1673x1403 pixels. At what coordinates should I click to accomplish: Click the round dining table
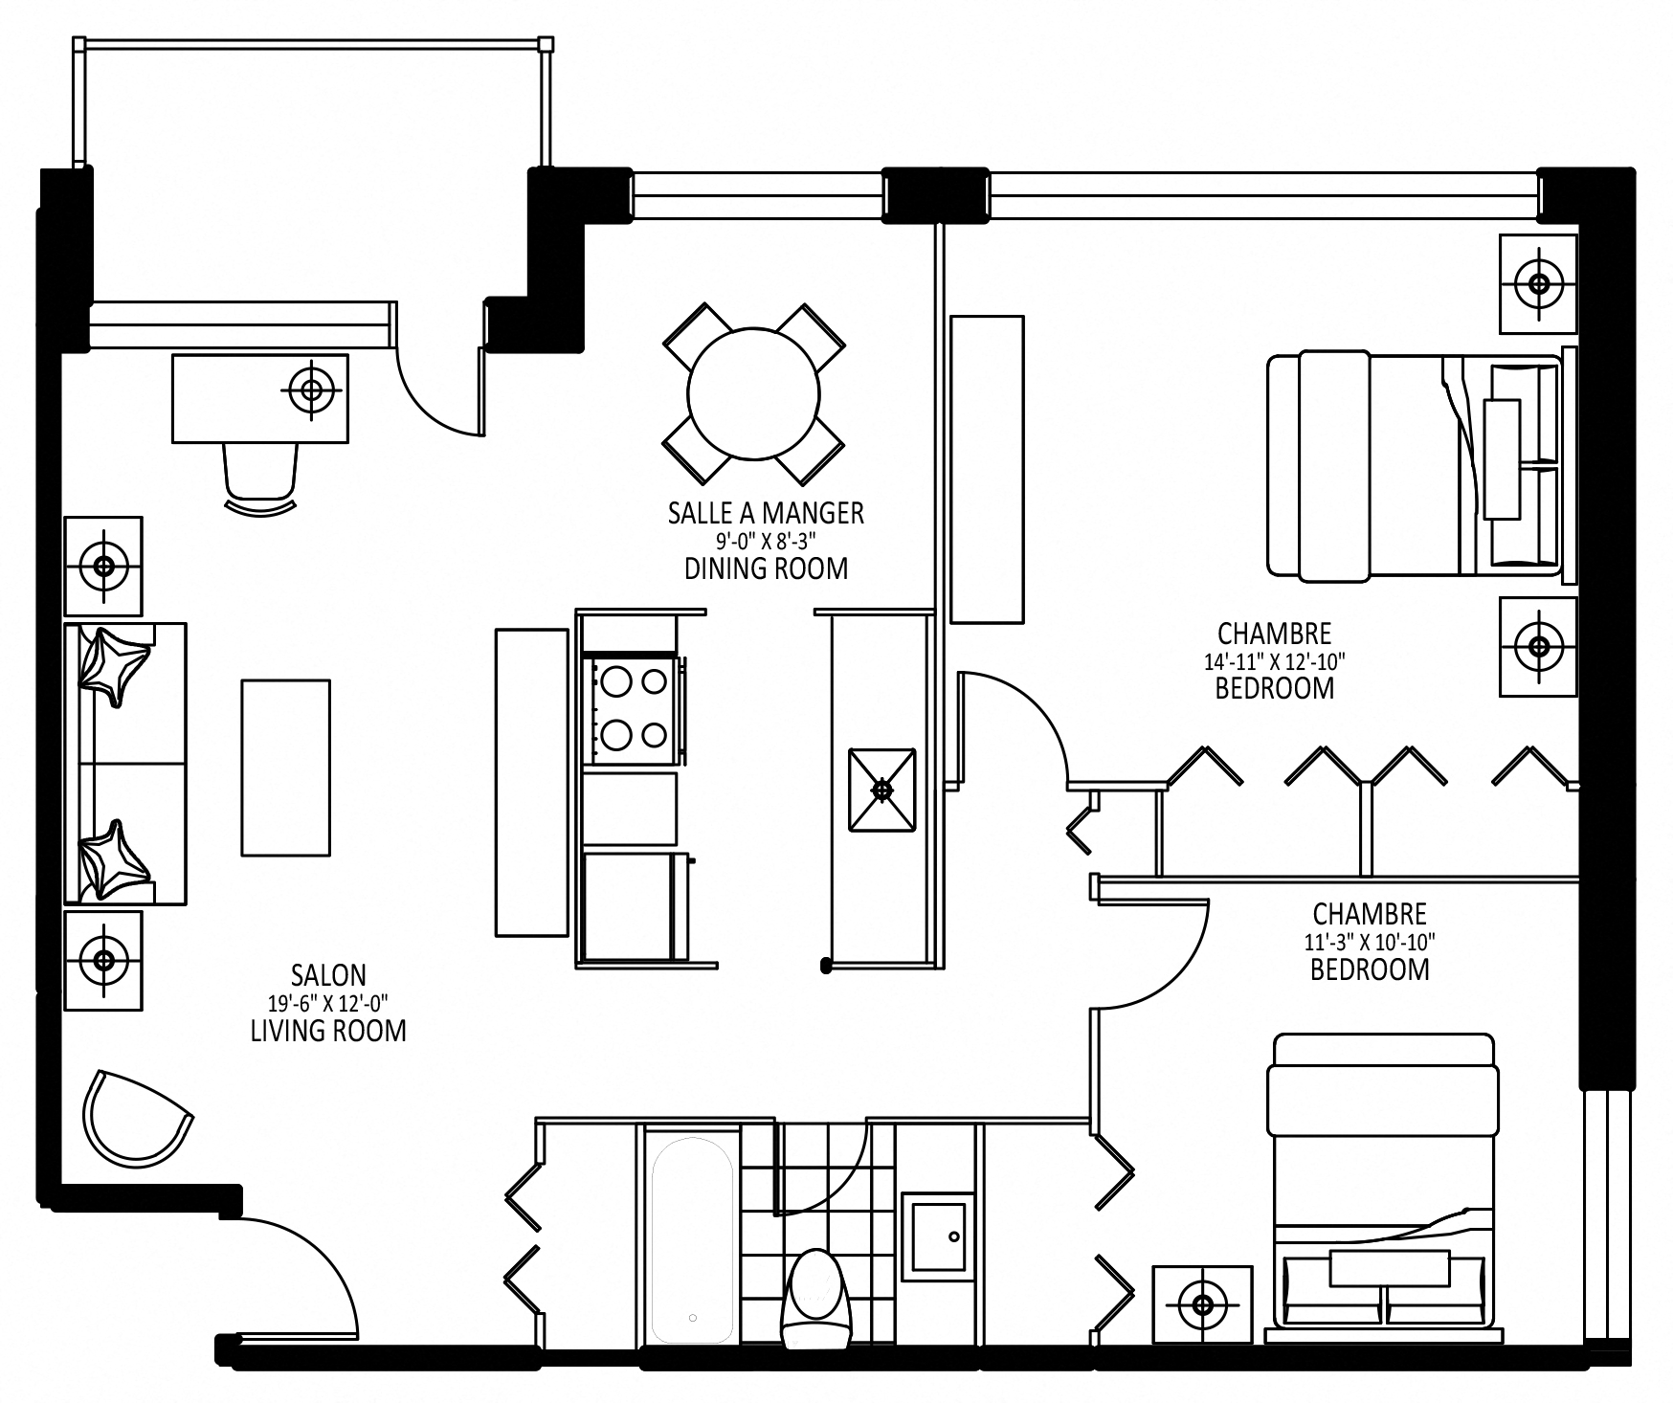point(753,393)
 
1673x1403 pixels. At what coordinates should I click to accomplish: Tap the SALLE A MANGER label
point(766,513)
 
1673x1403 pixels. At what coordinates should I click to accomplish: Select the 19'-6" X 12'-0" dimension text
point(328,1003)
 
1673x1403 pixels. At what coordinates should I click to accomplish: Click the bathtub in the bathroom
point(692,1238)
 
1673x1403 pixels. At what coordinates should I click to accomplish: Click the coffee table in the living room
point(286,768)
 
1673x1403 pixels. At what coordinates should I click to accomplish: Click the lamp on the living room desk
point(312,390)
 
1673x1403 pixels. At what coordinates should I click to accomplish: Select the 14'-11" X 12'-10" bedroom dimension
point(1275,660)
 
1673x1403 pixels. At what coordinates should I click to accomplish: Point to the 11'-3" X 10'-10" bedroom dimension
point(1370,942)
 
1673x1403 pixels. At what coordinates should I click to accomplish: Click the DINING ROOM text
point(766,568)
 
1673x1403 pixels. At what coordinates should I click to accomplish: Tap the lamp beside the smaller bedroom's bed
point(1202,1303)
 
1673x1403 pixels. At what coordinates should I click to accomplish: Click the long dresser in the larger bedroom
point(987,469)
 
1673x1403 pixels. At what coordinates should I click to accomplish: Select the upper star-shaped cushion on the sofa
point(113,662)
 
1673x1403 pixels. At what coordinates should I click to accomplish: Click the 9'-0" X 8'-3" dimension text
point(766,541)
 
